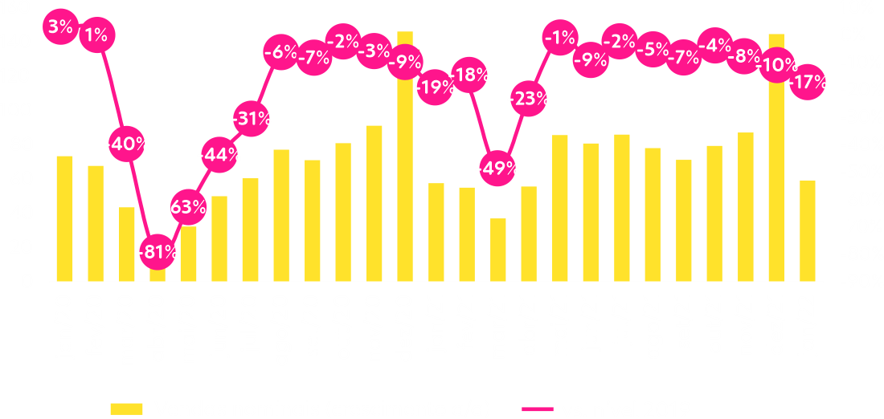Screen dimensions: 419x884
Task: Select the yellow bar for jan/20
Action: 64,218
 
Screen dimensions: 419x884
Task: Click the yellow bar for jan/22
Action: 807,230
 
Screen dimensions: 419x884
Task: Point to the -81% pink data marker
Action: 157,253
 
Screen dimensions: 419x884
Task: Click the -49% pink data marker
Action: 497,169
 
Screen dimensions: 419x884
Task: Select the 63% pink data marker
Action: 188,207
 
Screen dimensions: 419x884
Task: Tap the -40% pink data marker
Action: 126,144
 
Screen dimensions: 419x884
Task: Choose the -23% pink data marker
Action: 529,100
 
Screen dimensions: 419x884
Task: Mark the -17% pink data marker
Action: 807,82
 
